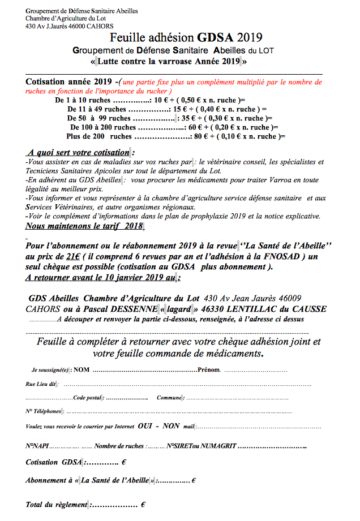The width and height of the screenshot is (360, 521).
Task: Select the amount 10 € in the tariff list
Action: pyautogui.click(x=162, y=100)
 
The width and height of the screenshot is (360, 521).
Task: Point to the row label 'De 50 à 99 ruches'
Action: pyautogui.click(x=98, y=118)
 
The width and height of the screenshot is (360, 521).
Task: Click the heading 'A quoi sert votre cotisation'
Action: pyautogui.click(x=78, y=153)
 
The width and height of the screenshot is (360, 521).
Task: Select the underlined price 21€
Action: pyautogui.click(x=73, y=256)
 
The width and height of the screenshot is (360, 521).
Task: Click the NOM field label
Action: pyautogui.click(x=82, y=370)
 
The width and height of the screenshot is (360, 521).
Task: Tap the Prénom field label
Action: pyautogui.click(x=209, y=370)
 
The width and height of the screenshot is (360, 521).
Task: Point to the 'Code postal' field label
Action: pyautogui.click(x=87, y=398)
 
